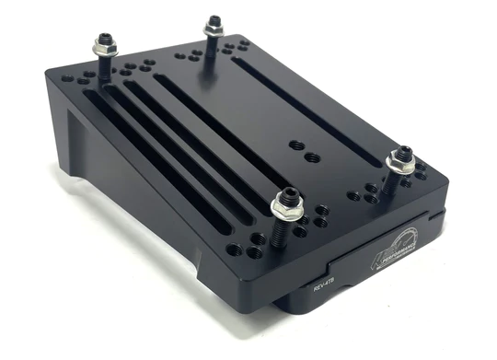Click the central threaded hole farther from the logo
pos(295,144)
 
